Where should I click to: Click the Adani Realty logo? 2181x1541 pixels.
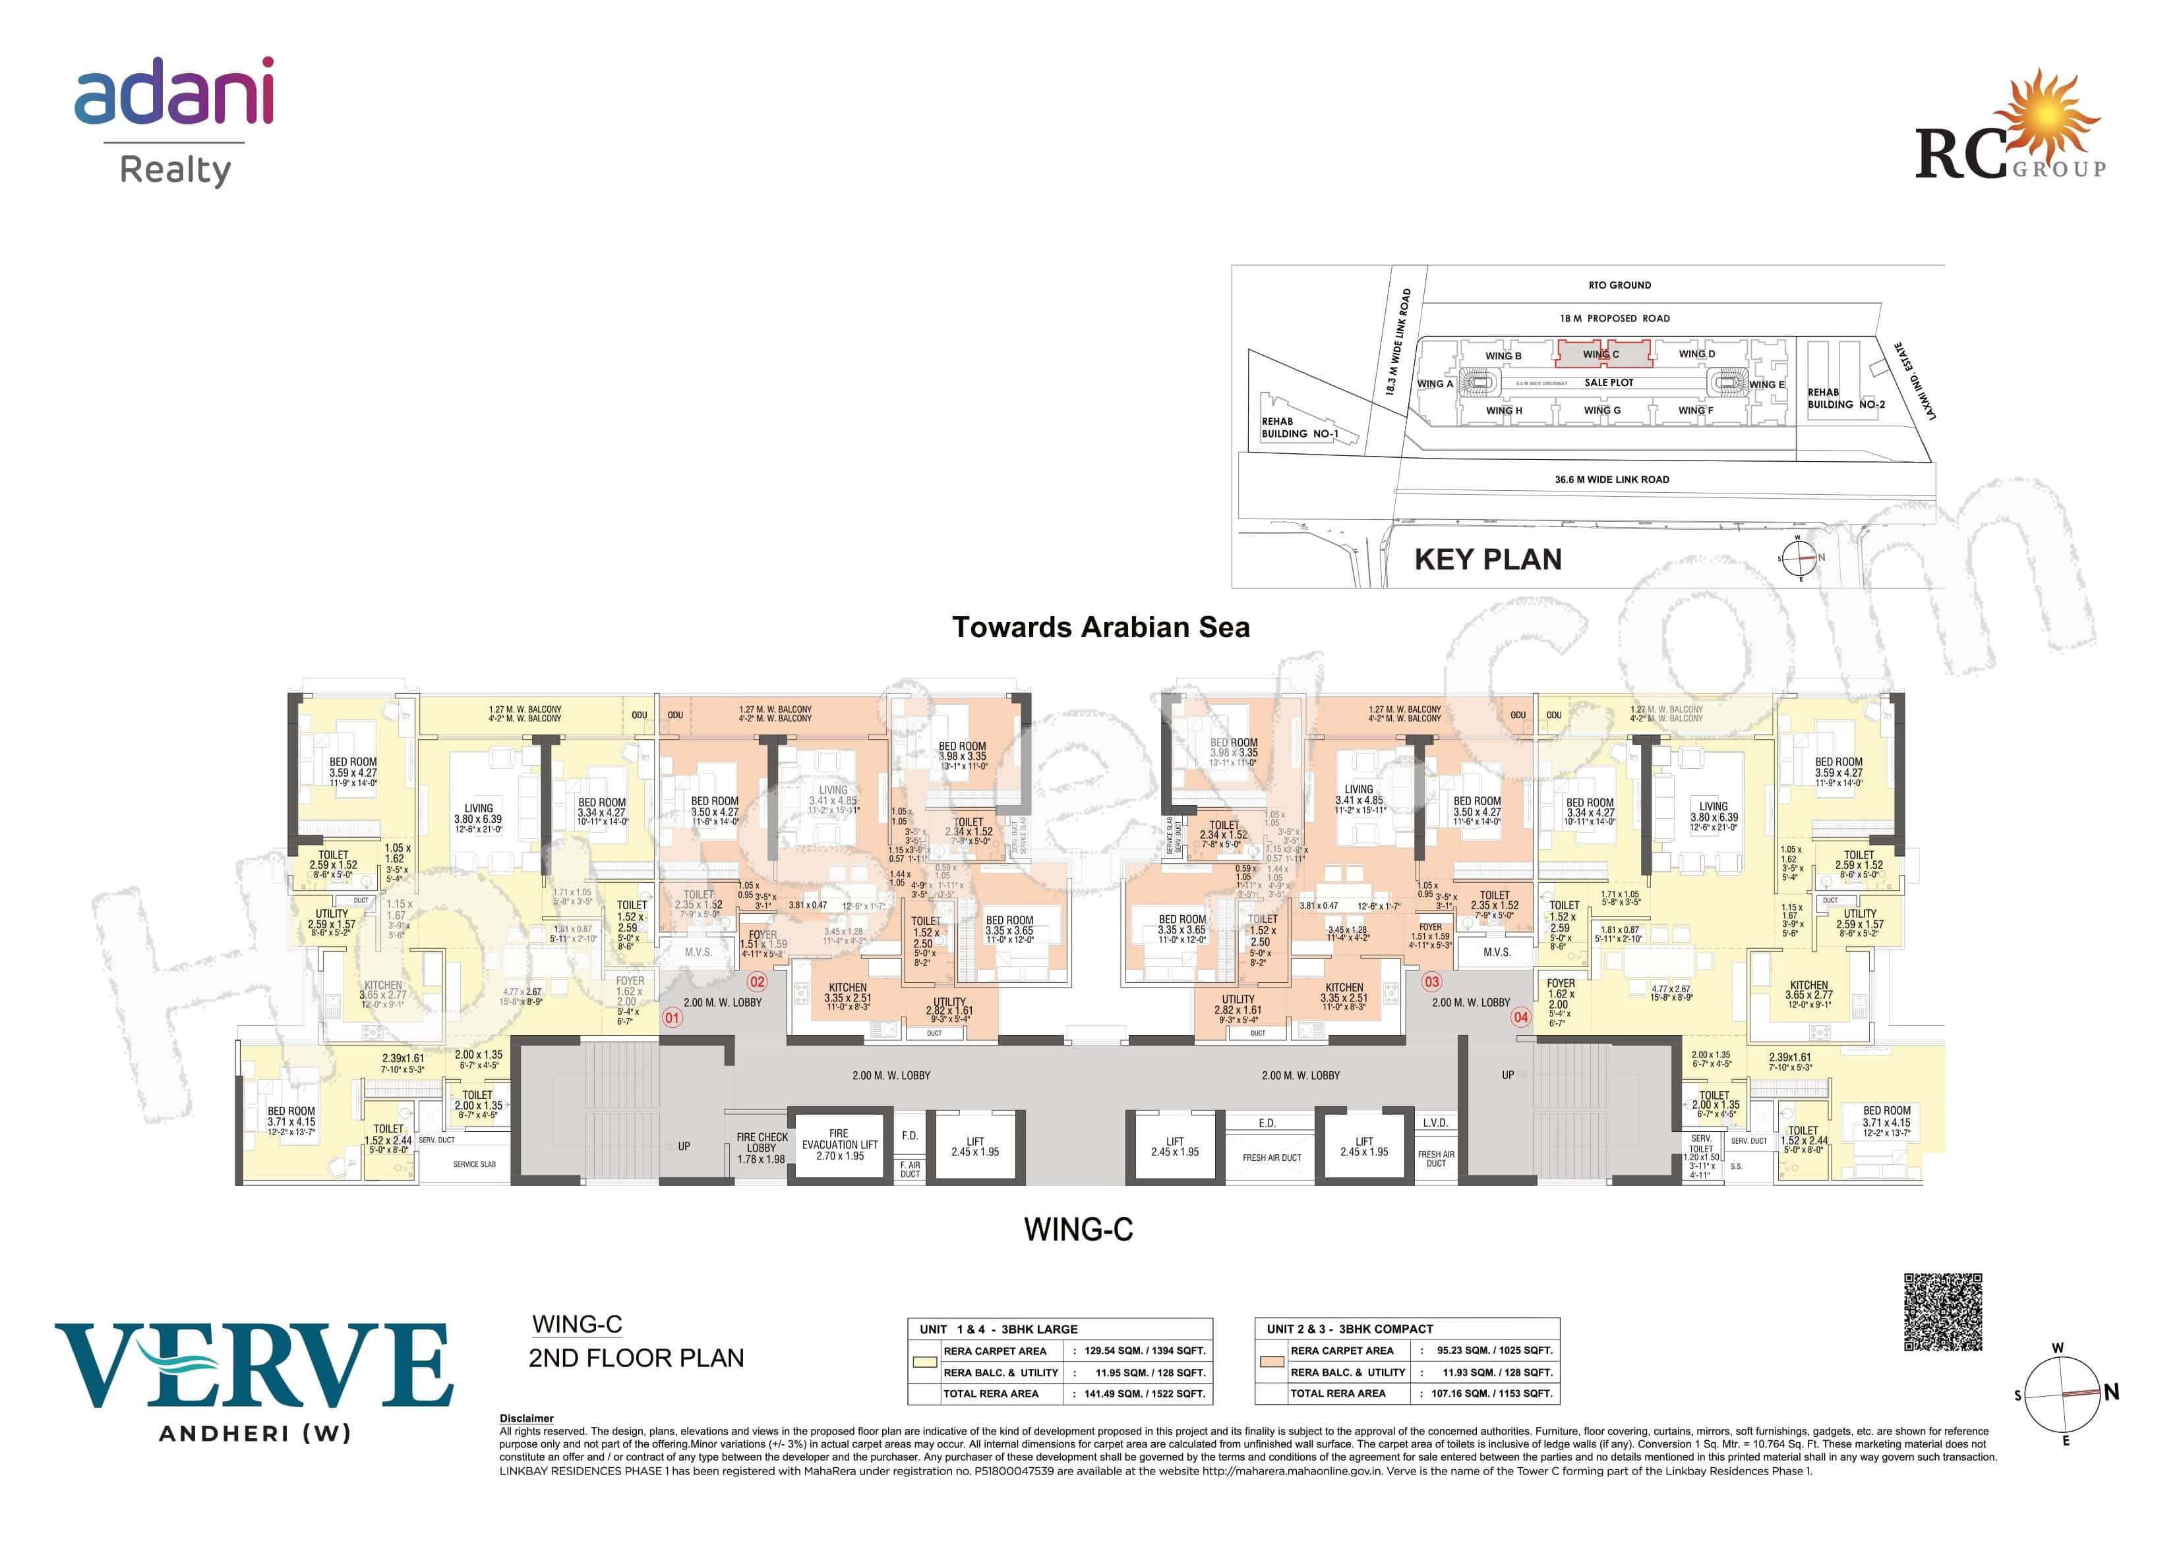[174, 121]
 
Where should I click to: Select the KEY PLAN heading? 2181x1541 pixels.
[1487, 559]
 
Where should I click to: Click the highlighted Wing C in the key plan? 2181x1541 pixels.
[1601, 354]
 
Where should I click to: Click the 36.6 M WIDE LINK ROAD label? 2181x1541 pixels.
[1611, 480]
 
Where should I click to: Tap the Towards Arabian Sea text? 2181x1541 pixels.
[1101, 628]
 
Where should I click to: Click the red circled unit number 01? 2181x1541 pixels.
[672, 1018]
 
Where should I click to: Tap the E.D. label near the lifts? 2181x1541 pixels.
[1267, 1123]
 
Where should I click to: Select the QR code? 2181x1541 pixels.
[1942, 1312]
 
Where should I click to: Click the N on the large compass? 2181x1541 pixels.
[2110, 1393]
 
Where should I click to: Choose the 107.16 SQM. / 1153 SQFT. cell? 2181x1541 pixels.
[1491, 1394]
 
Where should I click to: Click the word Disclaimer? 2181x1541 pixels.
[526, 1418]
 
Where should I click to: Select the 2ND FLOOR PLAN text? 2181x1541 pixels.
[636, 1358]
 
